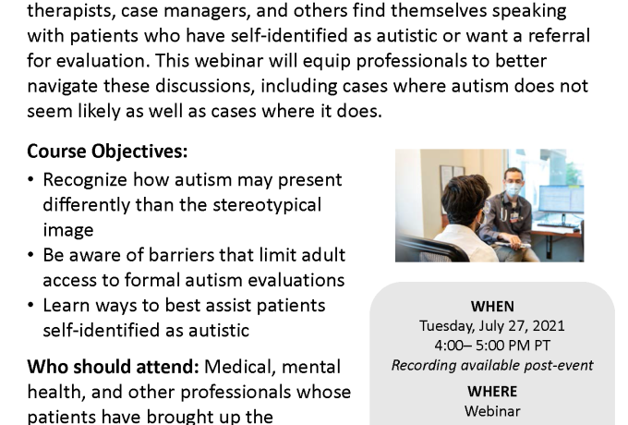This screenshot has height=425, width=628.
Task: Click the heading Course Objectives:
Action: point(107,152)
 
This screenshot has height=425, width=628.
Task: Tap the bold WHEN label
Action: point(492,307)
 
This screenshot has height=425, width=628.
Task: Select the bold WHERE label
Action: point(492,392)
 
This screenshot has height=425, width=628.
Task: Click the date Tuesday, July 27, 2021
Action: point(492,326)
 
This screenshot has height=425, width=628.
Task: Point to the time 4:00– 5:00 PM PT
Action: point(492,346)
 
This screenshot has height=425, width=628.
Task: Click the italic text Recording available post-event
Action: point(492,365)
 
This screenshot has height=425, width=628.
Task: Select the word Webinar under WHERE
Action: point(492,411)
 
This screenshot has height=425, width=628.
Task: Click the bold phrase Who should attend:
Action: point(113,367)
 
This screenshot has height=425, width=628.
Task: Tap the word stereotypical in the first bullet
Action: point(267,205)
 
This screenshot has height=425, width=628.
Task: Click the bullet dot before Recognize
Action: point(30,179)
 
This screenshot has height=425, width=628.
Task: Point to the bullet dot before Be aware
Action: point(30,255)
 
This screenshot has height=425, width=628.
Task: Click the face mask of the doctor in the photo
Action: point(513,188)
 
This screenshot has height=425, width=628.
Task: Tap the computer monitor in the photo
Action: point(561,199)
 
